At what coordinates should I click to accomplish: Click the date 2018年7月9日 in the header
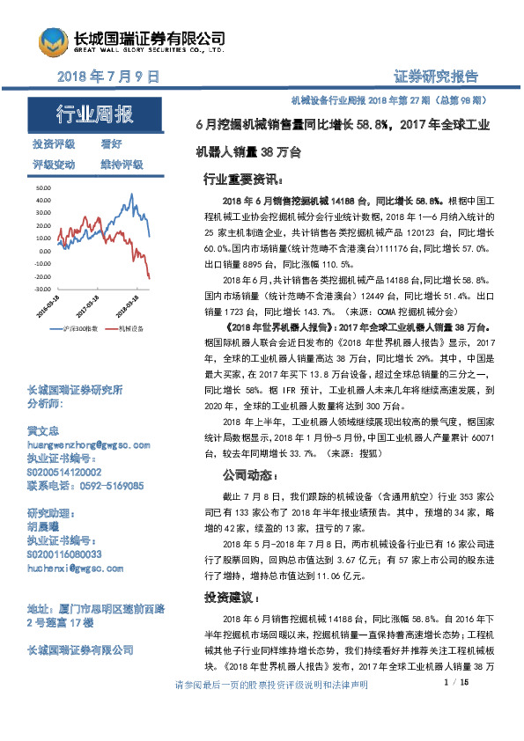click(x=107, y=77)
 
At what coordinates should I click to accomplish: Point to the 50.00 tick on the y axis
click(x=45, y=188)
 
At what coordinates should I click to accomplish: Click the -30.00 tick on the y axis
click(x=44, y=288)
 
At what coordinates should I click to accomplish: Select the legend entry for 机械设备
click(x=130, y=328)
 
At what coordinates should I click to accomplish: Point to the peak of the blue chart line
click(x=131, y=194)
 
